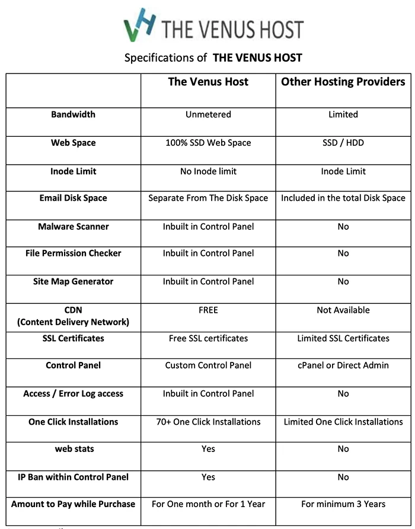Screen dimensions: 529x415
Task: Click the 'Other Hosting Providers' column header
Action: tap(343, 82)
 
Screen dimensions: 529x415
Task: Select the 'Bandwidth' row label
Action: tap(73, 114)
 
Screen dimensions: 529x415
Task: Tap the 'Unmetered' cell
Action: tap(208, 114)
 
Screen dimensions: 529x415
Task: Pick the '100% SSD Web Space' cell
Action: tap(208, 143)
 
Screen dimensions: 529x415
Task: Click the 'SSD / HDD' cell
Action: tap(343, 143)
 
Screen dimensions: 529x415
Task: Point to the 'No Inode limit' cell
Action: tap(208, 171)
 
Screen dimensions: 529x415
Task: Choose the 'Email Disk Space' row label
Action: tap(73, 198)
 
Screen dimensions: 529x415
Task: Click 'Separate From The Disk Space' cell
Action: tap(208, 198)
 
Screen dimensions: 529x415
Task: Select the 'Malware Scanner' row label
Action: tap(73, 226)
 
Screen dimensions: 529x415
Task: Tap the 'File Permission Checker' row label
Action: tap(73, 253)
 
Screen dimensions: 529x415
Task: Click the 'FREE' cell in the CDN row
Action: tap(208, 310)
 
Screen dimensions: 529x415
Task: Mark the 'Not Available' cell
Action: tap(343, 310)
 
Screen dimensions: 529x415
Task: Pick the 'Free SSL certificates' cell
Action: tap(208, 338)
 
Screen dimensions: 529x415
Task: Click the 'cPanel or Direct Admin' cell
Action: tap(343, 365)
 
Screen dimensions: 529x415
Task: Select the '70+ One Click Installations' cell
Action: tap(208, 422)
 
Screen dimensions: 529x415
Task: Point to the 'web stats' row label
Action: tap(73, 448)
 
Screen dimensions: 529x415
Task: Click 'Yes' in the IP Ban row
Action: tap(208, 477)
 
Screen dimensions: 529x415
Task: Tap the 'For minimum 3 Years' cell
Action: tap(343, 504)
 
